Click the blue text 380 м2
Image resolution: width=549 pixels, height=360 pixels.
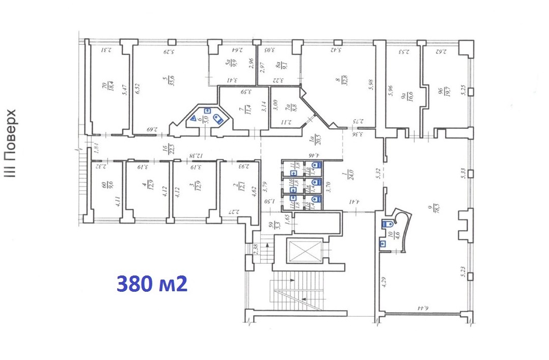click(152, 284)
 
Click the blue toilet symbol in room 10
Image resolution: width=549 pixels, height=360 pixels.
click(387, 224)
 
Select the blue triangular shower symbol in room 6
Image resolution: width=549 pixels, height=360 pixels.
click(194, 118)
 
